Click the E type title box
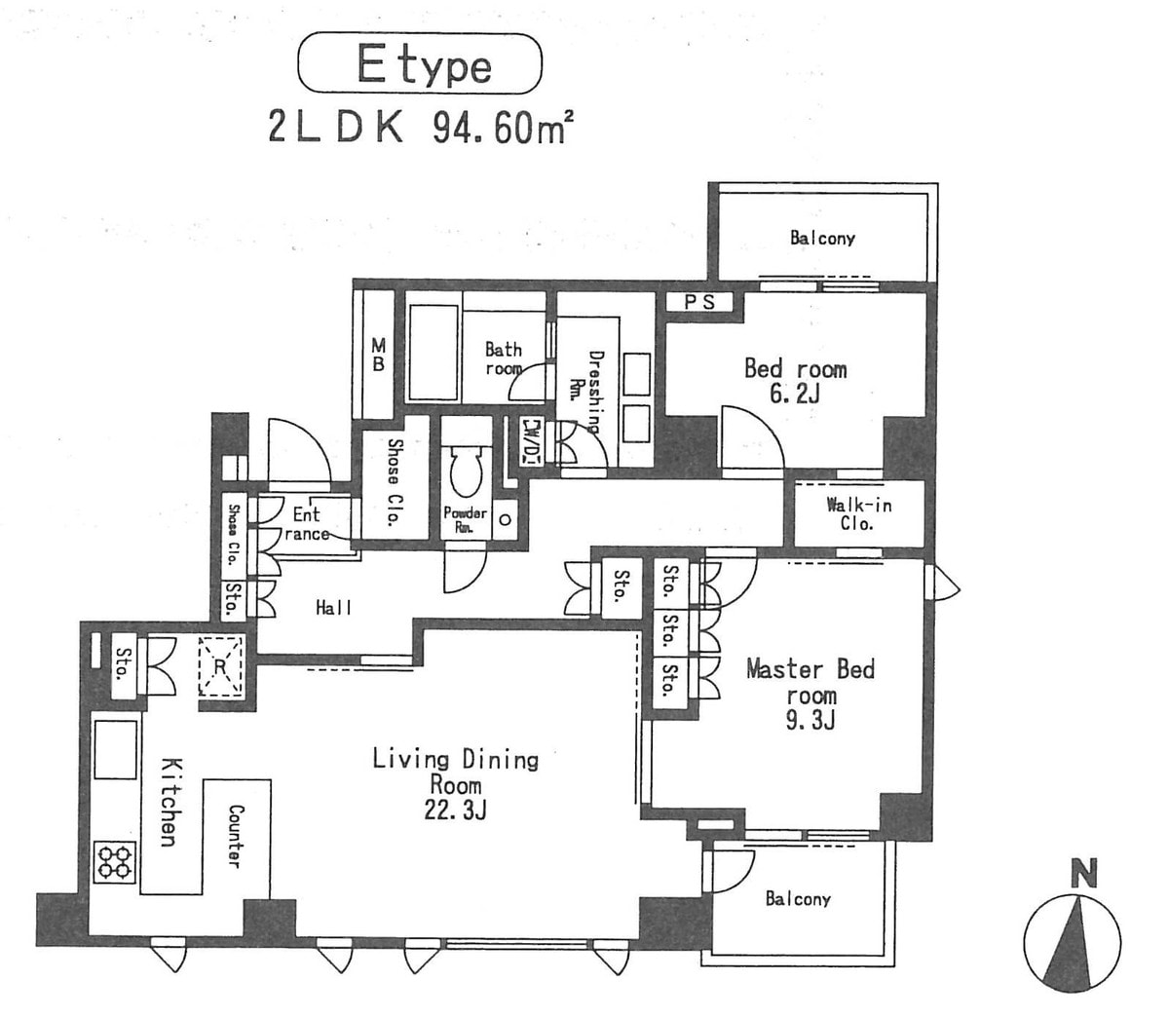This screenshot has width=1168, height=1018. point(420,62)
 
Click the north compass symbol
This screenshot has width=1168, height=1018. point(1072,934)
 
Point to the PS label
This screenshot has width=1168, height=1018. point(699,302)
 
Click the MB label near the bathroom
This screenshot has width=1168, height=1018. point(378,355)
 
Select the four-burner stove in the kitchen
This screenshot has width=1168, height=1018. point(115,862)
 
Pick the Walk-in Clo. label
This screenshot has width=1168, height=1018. point(859,513)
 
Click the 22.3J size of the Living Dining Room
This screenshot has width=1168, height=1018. point(455,811)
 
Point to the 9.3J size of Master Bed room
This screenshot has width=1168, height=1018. point(810,720)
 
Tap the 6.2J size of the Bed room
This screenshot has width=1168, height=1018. point(795,393)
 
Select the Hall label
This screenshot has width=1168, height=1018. point(334,608)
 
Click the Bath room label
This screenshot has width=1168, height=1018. point(504,358)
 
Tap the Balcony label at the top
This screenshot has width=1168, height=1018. point(822,239)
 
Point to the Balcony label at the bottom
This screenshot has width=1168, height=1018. point(798,899)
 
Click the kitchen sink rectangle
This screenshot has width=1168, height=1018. point(116,749)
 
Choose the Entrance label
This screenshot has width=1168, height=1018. point(307,523)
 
